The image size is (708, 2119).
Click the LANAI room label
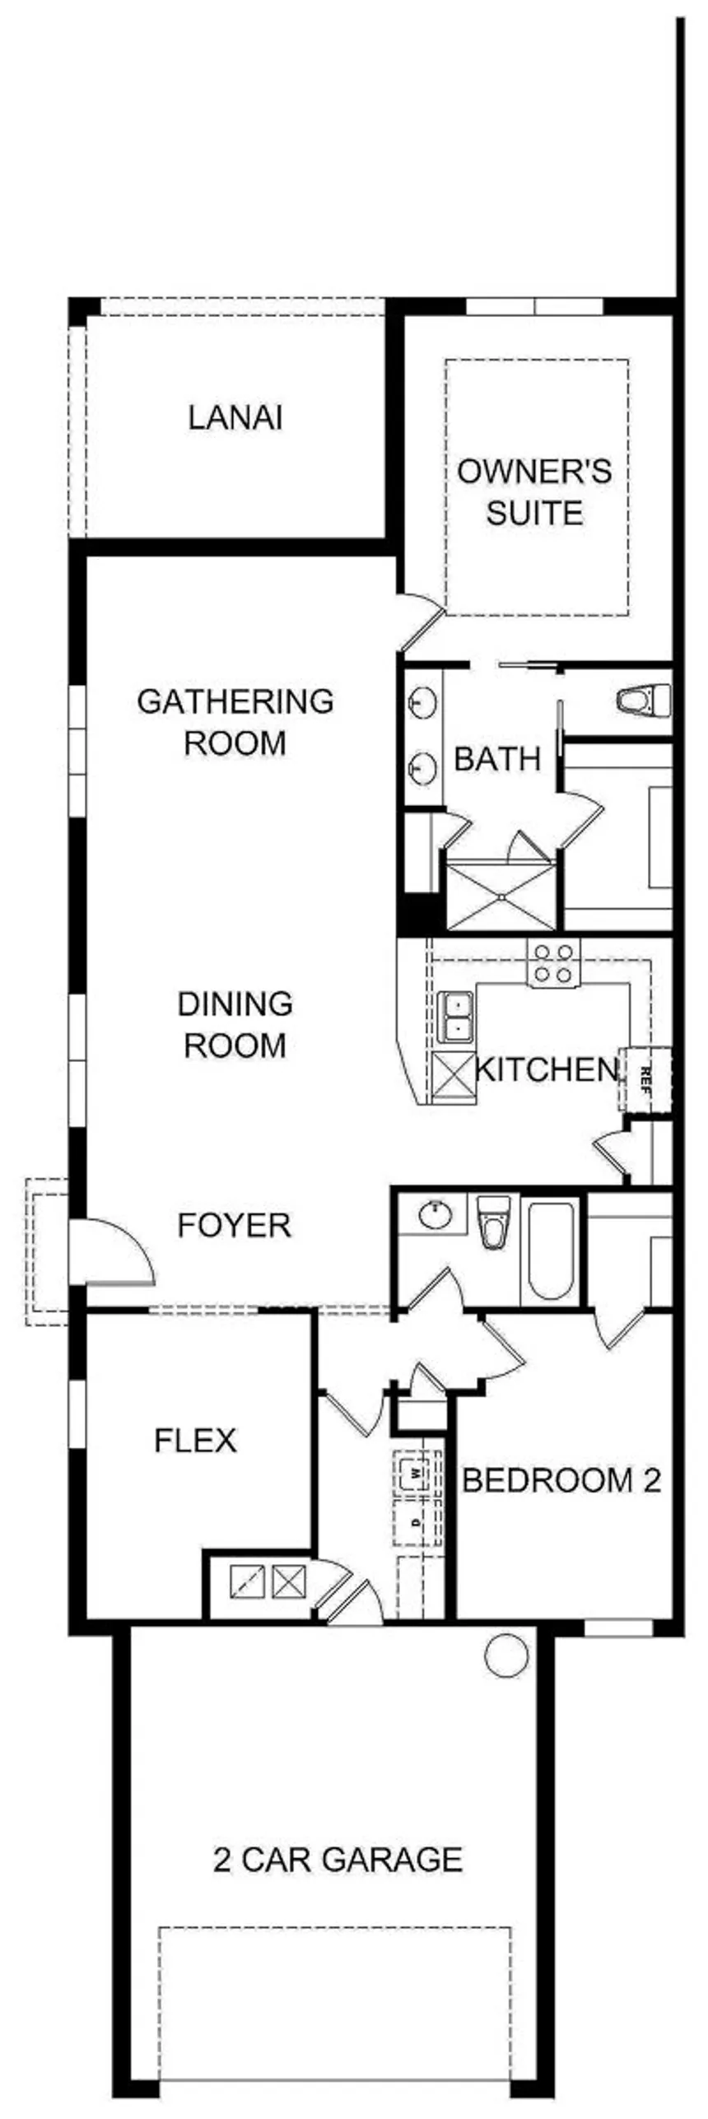pyautogui.click(x=235, y=417)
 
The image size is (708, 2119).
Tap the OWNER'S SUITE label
pyautogui.click(x=535, y=492)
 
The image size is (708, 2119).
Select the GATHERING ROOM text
pyautogui.click(x=235, y=722)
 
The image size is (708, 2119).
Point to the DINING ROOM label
pyautogui.click(x=235, y=1024)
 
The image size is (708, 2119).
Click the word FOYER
pyautogui.click(x=235, y=1225)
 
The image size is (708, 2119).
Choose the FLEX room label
pyautogui.click(x=196, y=1440)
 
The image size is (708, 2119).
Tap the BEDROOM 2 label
pyautogui.click(x=562, y=1480)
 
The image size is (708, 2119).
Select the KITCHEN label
pyautogui.click(x=547, y=1069)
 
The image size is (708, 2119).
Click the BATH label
pyautogui.click(x=497, y=758)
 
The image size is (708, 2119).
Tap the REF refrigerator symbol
pyautogui.click(x=645, y=1078)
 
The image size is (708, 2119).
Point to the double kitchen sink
pyautogui.click(x=455, y=1017)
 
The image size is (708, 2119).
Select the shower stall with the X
pyautogui.click(x=500, y=896)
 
